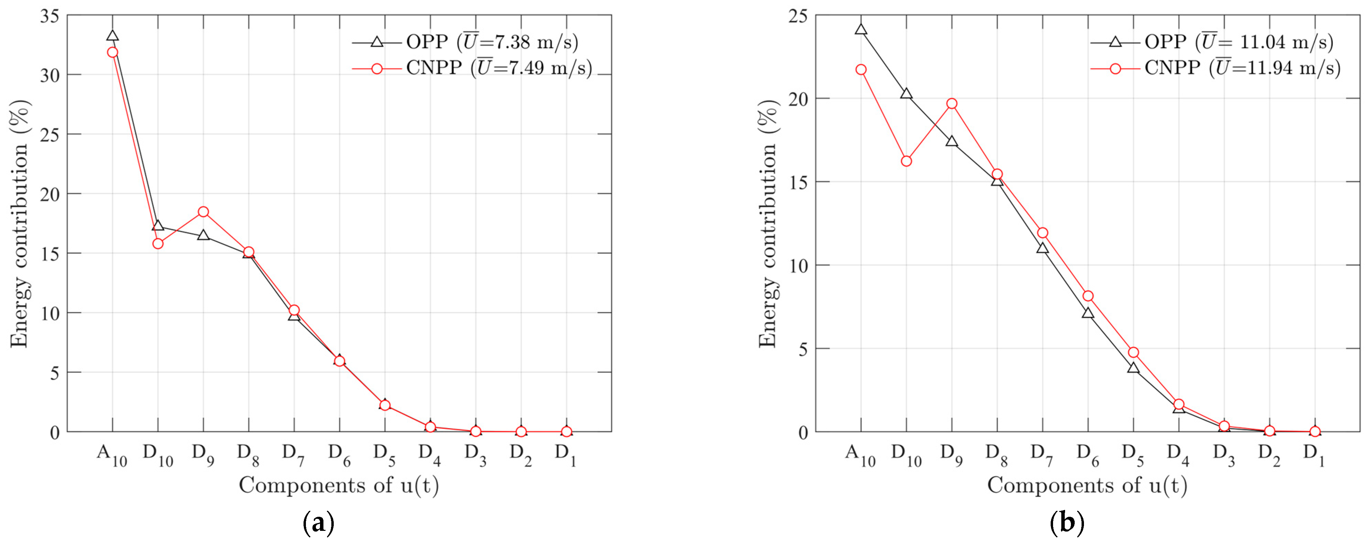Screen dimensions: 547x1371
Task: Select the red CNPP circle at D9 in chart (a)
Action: click(x=203, y=212)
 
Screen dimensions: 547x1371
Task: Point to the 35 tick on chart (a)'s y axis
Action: click(x=50, y=16)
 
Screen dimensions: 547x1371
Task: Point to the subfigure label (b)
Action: click(x=1066, y=524)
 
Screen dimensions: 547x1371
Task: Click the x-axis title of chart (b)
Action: click(x=1087, y=485)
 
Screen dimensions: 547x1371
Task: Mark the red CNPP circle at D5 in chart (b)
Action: click(x=1133, y=353)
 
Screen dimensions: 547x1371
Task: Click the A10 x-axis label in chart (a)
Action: click(x=112, y=455)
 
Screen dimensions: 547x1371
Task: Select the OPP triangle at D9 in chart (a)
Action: click(x=203, y=235)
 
